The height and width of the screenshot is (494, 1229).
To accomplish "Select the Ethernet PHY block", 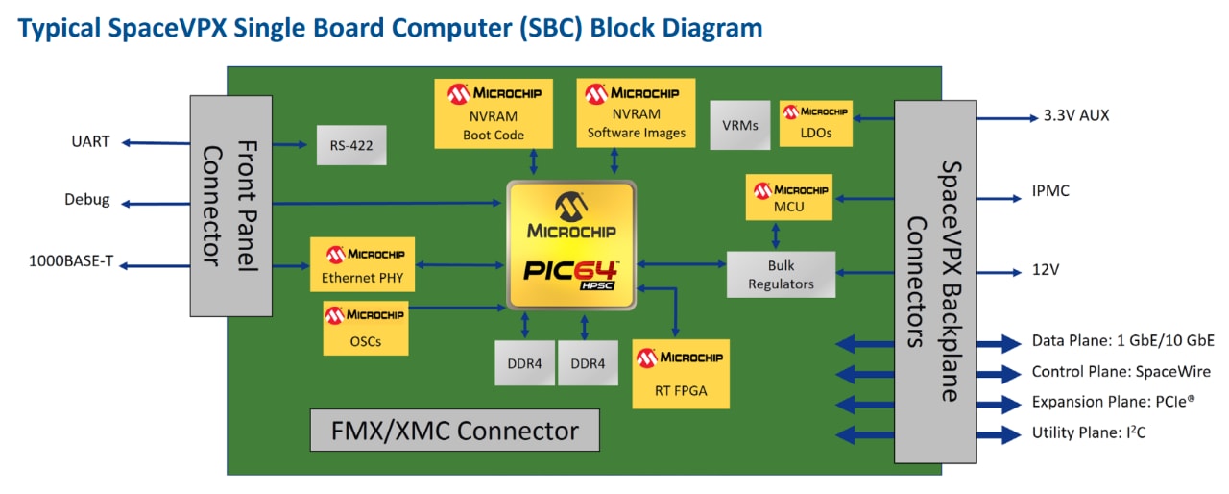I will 363,265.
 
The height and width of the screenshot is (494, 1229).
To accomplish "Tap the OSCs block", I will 365,328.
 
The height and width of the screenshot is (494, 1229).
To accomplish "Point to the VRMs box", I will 740,125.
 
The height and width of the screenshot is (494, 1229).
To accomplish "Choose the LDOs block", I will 816,123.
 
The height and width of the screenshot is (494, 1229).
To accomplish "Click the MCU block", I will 787,197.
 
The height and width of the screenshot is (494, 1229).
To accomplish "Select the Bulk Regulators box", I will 781,274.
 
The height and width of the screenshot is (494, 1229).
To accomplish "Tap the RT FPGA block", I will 681,374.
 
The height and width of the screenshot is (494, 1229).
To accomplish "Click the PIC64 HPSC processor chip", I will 571,245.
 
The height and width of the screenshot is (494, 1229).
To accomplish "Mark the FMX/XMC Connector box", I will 454,431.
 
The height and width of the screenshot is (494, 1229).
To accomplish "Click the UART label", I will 90,142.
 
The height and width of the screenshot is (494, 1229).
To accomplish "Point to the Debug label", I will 86,201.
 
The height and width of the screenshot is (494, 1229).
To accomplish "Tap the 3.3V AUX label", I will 1076,115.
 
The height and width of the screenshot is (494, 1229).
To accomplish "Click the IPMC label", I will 1050,191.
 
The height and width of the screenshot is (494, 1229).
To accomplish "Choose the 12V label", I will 1046,269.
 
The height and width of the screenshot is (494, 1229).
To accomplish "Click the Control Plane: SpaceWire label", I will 1121,372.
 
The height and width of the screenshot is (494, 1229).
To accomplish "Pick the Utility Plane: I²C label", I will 1088,432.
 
